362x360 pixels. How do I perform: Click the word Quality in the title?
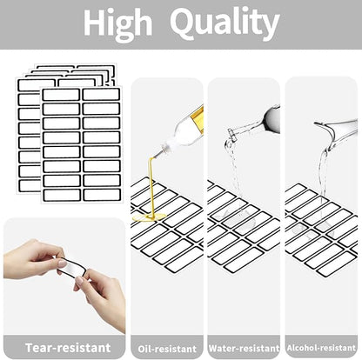(225, 23)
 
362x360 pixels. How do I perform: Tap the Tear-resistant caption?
(68, 348)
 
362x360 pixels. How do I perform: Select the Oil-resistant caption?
(167, 349)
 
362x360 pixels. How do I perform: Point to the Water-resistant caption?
(244, 348)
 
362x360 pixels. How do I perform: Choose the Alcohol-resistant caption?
(321, 348)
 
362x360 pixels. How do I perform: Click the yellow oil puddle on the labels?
(149, 217)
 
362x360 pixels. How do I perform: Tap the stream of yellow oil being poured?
(151, 185)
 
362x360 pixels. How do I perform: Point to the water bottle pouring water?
(255, 123)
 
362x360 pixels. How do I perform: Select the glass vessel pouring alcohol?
(337, 129)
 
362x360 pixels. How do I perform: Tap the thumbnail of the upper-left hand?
(62, 263)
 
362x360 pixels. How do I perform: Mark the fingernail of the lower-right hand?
(79, 281)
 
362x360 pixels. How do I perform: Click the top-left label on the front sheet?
(61, 95)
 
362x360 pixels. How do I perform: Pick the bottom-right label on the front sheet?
(102, 195)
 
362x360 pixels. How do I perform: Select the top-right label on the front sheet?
(101, 95)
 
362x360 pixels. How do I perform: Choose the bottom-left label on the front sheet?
(62, 195)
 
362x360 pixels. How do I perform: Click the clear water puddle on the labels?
(238, 219)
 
